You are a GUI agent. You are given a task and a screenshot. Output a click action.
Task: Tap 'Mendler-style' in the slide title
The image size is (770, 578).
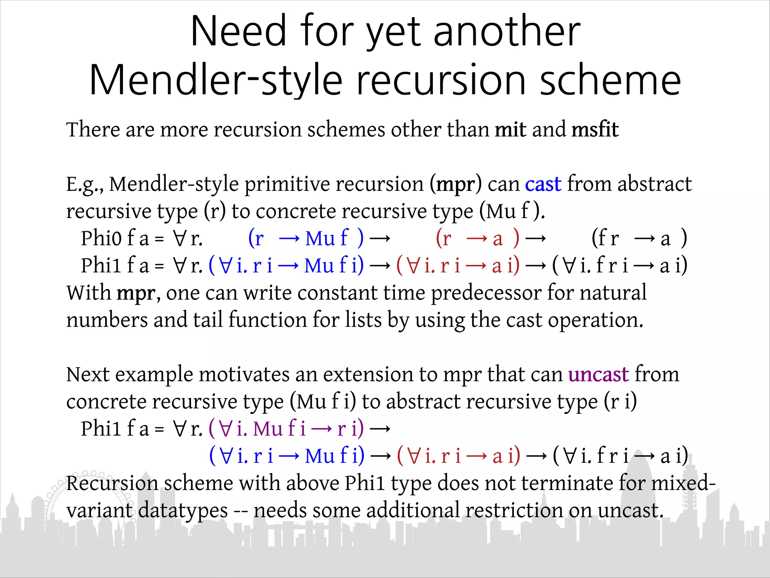coord(216,80)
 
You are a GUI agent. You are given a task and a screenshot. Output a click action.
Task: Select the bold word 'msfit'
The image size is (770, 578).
coord(595,130)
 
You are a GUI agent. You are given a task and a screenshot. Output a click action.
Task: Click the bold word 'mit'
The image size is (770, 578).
coord(510,130)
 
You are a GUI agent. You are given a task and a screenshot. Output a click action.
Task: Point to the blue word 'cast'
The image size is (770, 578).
coord(543,184)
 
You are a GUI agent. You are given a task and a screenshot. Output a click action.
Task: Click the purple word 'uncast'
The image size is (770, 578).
coord(598,375)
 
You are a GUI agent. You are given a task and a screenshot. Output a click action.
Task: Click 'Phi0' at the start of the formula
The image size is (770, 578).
coord(101,239)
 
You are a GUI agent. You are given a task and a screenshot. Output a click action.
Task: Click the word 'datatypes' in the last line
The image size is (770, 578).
coord(183,511)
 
